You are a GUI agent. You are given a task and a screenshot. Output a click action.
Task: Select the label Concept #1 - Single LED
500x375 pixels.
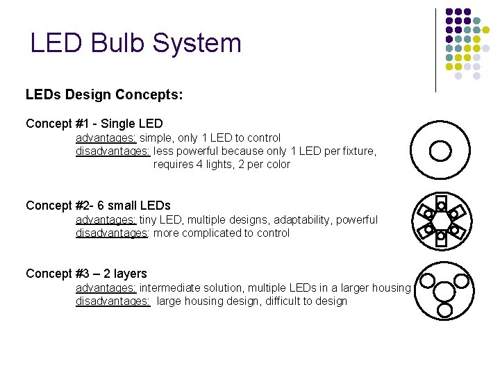(94, 124)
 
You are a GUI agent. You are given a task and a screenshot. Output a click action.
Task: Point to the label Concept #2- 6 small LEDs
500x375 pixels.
(98, 205)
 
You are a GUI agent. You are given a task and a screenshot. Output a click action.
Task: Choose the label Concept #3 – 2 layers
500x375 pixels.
(86, 274)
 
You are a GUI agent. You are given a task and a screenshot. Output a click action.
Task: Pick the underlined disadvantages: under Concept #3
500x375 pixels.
(112, 301)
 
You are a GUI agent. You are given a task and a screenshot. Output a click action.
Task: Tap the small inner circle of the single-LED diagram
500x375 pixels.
(441, 151)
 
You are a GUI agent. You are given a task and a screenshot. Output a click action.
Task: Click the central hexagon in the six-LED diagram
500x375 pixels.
(441, 221)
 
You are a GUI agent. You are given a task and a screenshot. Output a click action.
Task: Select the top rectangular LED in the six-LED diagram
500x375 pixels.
(441, 203)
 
